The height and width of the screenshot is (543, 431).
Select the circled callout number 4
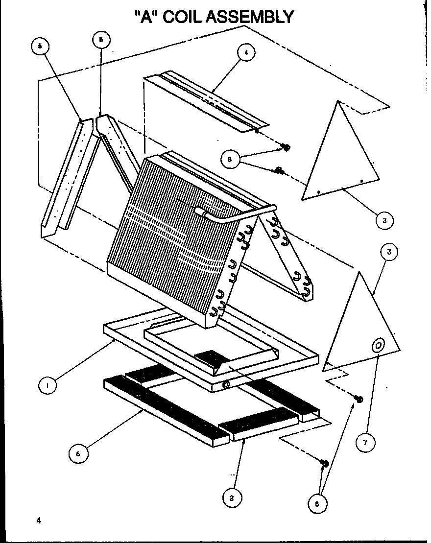(246, 53)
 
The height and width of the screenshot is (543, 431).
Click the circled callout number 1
(48, 385)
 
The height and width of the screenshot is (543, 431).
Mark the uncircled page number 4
(37, 521)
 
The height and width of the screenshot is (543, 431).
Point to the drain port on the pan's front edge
(226, 386)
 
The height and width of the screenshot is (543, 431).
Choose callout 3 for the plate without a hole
(384, 220)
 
